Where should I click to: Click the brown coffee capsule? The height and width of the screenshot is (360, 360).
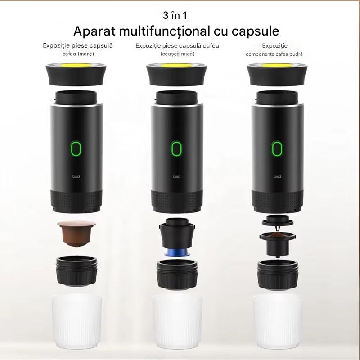coord(76,234)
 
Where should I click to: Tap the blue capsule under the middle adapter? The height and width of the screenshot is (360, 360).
coord(177,252)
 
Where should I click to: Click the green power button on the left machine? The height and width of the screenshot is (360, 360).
coord(76,148)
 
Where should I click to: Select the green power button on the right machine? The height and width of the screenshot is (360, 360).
coord(277,148)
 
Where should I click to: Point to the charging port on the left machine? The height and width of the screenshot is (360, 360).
coord(76,176)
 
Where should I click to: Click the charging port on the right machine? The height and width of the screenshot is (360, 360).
coord(277,176)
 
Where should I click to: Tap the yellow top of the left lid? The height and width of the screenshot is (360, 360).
coord(76,65)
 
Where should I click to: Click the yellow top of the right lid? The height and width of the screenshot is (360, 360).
coord(277,66)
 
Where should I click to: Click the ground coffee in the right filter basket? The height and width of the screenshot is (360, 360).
coord(278,235)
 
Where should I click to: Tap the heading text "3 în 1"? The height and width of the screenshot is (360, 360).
coord(175,15)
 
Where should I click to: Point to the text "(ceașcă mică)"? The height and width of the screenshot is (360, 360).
coord(177,54)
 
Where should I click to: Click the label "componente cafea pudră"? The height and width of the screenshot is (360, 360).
coord(274,54)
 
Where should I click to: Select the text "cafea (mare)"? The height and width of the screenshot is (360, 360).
coord(78,54)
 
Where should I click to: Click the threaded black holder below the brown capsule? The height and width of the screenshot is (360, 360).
coord(76,271)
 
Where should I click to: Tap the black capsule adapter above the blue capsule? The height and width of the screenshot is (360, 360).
coord(177,233)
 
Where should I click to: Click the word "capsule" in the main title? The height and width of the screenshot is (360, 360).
coord(255,31)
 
